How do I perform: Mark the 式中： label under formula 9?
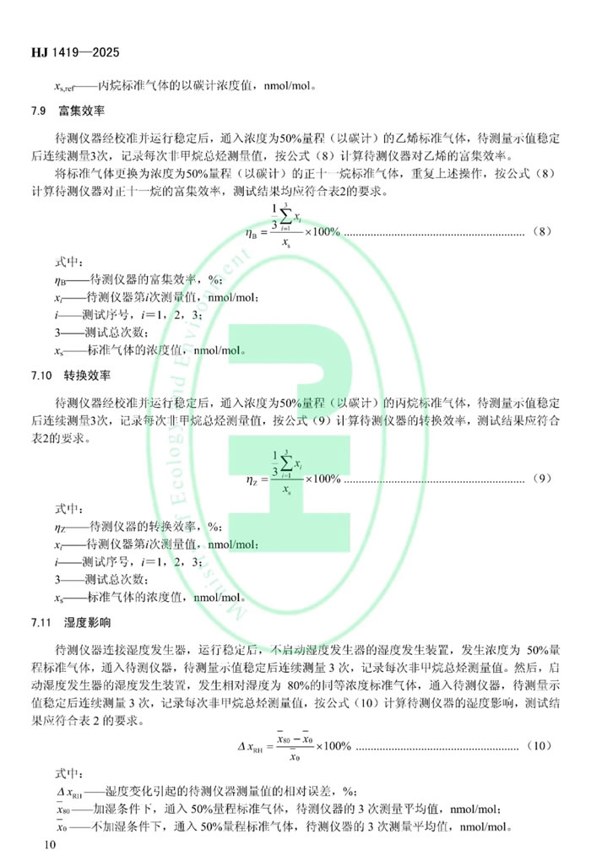click(71, 508)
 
